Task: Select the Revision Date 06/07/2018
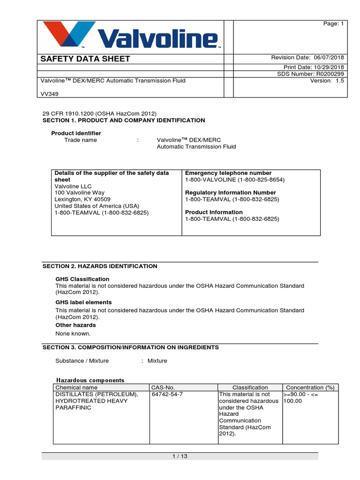pos(307,58)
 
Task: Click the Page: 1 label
pos(334,24)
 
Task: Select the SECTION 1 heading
pos(124,120)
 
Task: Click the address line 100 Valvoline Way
pos(80,193)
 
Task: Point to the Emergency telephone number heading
pos(228,173)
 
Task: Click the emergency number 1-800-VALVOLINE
pos(235,180)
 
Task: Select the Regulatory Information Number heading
pos(231,193)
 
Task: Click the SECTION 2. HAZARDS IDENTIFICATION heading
pos(100,266)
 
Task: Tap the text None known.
pos(73,334)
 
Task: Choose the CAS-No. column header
pos(163,388)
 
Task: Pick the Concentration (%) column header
pos(310,388)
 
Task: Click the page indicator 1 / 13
pos(180,456)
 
